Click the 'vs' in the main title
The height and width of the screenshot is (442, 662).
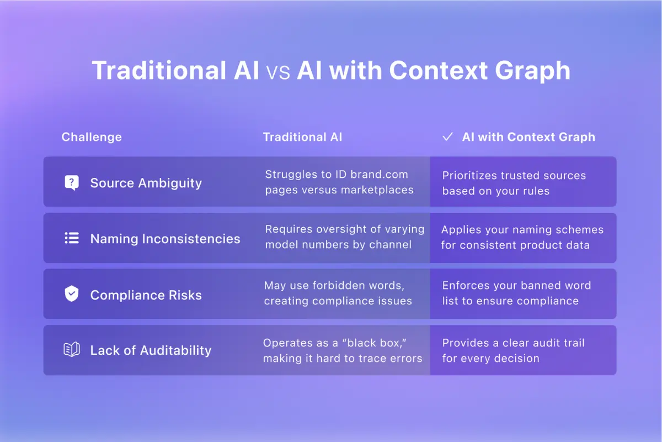pyautogui.click(x=278, y=72)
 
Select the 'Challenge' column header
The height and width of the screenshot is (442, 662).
pyautogui.click(x=92, y=137)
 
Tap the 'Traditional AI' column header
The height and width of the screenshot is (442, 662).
pyautogui.click(x=302, y=137)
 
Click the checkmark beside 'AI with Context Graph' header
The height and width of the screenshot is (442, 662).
pyautogui.click(x=447, y=137)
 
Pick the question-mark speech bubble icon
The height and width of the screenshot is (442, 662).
pyautogui.click(x=71, y=183)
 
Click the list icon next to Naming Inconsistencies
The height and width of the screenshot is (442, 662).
pyautogui.click(x=71, y=239)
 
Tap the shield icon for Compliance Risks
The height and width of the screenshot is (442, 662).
pyautogui.click(x=71, y=294)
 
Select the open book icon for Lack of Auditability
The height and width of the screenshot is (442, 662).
pyautogui.click(x=71, y=350)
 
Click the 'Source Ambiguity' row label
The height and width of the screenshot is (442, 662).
pyautogui.click(x=146, y=183)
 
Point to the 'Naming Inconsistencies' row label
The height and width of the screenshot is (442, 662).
pyautogui.click(x=165, y=239)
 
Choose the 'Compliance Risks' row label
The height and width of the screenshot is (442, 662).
pyautogui.click(x=146, y=295)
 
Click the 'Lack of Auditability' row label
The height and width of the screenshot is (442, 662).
pyautogui.click(x=151, y=350)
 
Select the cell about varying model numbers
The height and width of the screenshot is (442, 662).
pyautogui.click(x=344, y=236)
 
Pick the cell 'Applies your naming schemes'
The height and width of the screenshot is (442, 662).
pyautogui.click(x=522, y=237)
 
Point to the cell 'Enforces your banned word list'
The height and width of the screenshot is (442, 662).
pyautogui.click(x=516, y=293)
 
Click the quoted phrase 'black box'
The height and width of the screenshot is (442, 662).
pyautogui.click(x=367, y=343)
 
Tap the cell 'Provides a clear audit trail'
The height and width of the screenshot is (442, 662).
pyautogui.click(x=513, y=350)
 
